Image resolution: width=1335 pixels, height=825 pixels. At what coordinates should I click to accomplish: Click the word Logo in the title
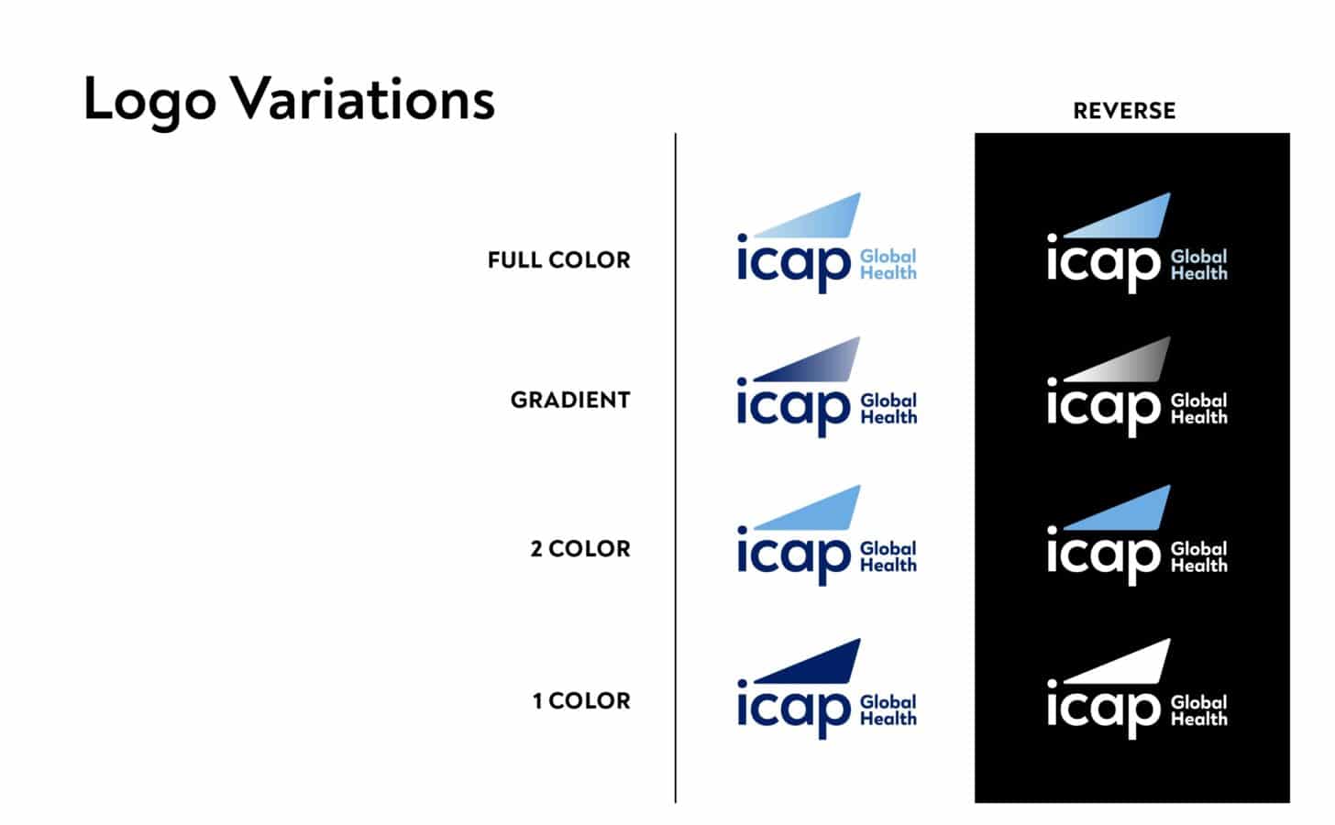pyautogui.click(x=149, y=99)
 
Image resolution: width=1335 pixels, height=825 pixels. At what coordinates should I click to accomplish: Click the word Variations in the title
pyautogui.click(x=362, y=98)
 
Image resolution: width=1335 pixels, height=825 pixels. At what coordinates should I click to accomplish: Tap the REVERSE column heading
pyautogui.click(x=1124, y=111)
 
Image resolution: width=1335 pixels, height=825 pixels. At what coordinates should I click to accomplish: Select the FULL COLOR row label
pyautogui.click(x=558, y=260)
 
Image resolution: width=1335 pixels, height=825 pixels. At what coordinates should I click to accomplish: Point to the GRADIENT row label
pyautogui.click(x=570, y=401)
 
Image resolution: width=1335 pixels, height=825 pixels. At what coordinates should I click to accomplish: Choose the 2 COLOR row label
pyautogui.click(x=580, y=549)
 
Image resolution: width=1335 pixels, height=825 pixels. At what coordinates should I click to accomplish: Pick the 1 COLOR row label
pyautogui.click(x=581, y=701)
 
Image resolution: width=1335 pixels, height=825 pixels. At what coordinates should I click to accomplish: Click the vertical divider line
pyautogui.click(x=676, y=467)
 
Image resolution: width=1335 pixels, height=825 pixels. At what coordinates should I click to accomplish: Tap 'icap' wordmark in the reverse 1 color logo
pyautogui.click(x=1104, y=709)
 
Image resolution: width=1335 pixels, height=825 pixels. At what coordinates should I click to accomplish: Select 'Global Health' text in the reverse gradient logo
pyautogui.click(x=1198, y=409)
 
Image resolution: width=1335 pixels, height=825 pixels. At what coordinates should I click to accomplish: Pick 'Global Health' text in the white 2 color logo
pyautogui.click(x=888, y=557)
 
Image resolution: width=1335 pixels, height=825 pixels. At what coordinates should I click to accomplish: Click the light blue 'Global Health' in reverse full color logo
pyautogui.click(x=1198, y=265)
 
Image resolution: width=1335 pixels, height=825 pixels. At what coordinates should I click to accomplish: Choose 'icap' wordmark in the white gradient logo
pyautogui.click(x=794, y=407)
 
